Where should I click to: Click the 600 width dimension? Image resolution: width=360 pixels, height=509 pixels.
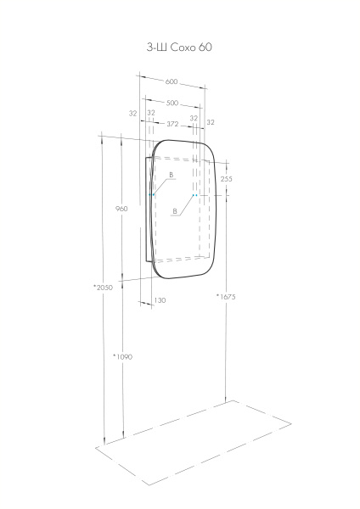172,82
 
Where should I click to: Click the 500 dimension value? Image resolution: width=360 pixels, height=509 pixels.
172,103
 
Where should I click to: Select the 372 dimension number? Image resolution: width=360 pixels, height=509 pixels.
172,124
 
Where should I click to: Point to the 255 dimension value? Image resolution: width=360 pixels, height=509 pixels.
227,179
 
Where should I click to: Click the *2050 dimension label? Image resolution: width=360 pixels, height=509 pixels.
103,288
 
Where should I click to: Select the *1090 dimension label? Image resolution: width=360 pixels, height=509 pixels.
123,356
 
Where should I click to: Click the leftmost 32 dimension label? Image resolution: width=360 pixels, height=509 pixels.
132,113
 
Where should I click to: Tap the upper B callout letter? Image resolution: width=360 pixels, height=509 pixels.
171,175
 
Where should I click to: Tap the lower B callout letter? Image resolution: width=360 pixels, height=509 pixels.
174,211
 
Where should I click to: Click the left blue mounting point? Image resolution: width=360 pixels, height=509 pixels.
153,195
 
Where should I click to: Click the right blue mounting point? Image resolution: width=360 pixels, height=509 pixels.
194,195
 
